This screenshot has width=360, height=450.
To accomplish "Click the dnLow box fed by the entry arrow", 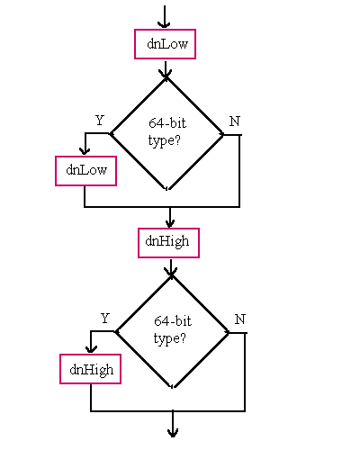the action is (x=165, y=44).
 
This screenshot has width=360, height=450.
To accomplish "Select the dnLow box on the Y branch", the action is (x=85, y=171).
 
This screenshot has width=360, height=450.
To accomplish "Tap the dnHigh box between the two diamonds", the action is (x=168, y=243).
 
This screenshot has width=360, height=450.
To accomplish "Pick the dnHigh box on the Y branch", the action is (x=90, y=369).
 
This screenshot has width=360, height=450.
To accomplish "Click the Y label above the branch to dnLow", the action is (x=100, y=121).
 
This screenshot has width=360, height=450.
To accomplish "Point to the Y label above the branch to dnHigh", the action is (x=105, y=319).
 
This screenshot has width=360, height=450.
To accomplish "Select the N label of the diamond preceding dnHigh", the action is (x=235, y=121).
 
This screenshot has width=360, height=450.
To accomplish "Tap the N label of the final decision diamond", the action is (x=240, y=319).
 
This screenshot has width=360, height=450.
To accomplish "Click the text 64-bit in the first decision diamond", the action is (x=167, y=123).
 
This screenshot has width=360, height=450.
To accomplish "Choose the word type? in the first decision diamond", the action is (x=165, y=140).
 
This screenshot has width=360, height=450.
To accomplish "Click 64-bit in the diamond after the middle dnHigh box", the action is (x=173, y=321).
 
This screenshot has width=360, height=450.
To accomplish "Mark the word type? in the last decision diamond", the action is (x=170, y=338).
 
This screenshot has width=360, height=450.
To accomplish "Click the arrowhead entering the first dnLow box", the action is (x=164, y=24).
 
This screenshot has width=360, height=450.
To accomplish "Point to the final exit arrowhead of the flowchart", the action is (x=173, y=433).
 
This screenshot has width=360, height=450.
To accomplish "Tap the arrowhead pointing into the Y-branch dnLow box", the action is (x=85, y=151).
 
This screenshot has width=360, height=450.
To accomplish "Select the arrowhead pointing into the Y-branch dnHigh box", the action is (x=91, y=349).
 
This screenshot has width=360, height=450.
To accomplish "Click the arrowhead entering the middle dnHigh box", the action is (x=170, y=223).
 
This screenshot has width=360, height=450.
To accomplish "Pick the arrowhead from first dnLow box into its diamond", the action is (x=166, y=74).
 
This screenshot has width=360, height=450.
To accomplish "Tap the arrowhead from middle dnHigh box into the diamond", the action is (x=171, y=272).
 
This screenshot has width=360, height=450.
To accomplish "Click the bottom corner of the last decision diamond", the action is (x=173, y=388).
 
